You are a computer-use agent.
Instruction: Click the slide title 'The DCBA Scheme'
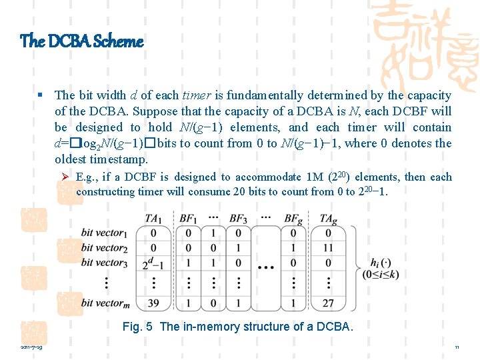tap(81, 41)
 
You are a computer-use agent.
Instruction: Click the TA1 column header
tap(154, 218)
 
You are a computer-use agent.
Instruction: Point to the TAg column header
tap(328, 218)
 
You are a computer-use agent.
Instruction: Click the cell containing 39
tap(154, 303)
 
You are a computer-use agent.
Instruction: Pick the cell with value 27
tap(328, 303)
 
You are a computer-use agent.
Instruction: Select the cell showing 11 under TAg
tap(328, 248)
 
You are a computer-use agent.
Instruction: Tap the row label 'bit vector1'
tap(103, 233)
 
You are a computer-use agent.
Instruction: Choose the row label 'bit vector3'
tap(103, 263)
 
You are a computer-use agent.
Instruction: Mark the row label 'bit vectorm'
tap(104, 303)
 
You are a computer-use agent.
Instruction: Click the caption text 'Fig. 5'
tap(138, 327)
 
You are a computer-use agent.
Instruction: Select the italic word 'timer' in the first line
tap(197, 95)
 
